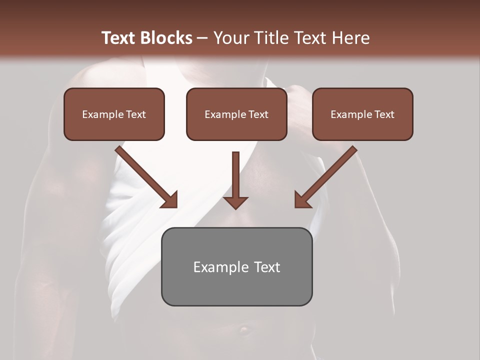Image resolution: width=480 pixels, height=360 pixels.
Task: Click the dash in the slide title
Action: point(202,38)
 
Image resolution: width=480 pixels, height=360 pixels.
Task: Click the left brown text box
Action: point(114,114)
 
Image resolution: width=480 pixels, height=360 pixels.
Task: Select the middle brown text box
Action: point(236,114)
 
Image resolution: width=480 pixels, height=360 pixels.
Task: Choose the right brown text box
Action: point(362,114)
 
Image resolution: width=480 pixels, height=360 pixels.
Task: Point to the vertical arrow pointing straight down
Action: point(235,177)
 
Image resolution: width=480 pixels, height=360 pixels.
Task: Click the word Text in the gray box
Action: point(267,267)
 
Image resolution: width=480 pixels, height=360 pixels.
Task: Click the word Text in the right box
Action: point(384,114)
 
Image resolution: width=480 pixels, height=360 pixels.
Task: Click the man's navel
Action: point(243,329)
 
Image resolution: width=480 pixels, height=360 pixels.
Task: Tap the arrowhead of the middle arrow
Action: point(235,202)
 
